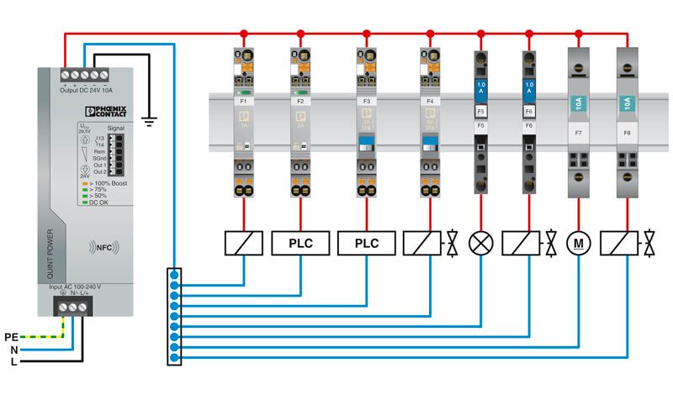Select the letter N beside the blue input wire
[13, 350]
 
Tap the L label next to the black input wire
[13, 363]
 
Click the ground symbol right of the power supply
[150, 121]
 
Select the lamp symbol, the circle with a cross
[481, 244]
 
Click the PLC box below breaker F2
[300, 244]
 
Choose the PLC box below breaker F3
[367, 244]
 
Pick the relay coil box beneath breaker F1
[244, 244]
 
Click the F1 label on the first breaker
[244, 101]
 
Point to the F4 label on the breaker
[430, 101]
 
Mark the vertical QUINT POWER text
[50, 253]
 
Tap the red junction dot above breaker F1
[244, 34]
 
